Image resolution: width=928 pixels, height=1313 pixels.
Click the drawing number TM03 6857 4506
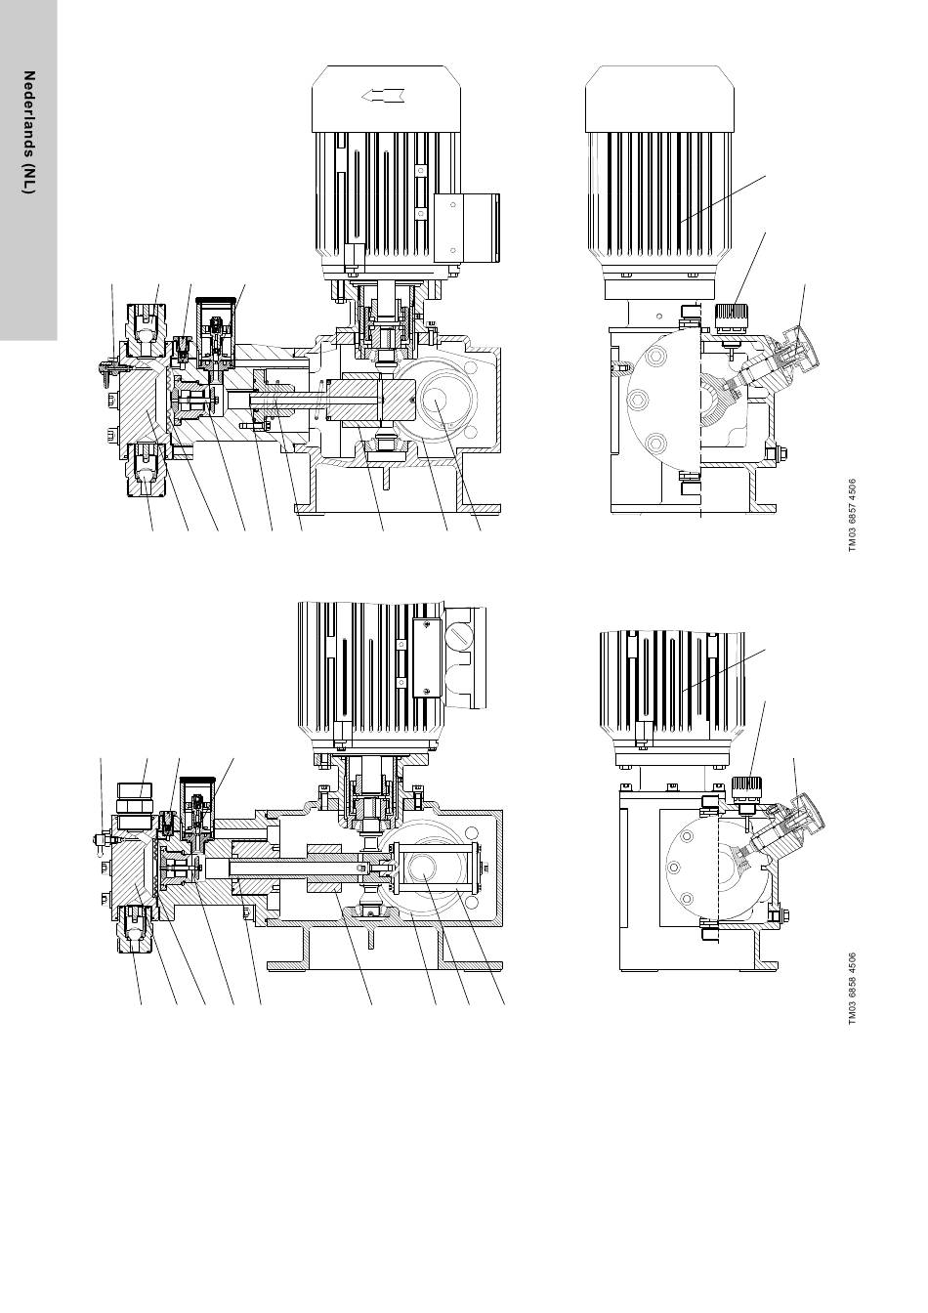pos(852,515)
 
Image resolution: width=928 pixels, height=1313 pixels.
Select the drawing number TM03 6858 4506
pos(852,989)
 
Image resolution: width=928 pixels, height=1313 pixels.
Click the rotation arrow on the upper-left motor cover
pos(382,95)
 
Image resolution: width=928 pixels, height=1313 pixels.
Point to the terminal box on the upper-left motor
pos(467,227)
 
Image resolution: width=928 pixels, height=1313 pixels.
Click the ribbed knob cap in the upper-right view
pos(733,318)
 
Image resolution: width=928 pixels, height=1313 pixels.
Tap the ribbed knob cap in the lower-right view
pos(747,789)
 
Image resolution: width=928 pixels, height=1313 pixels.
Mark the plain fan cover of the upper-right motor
pos(659,99)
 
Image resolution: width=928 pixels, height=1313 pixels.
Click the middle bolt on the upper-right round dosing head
pos(638,400)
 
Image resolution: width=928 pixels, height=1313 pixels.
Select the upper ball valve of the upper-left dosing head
pos(146,328)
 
